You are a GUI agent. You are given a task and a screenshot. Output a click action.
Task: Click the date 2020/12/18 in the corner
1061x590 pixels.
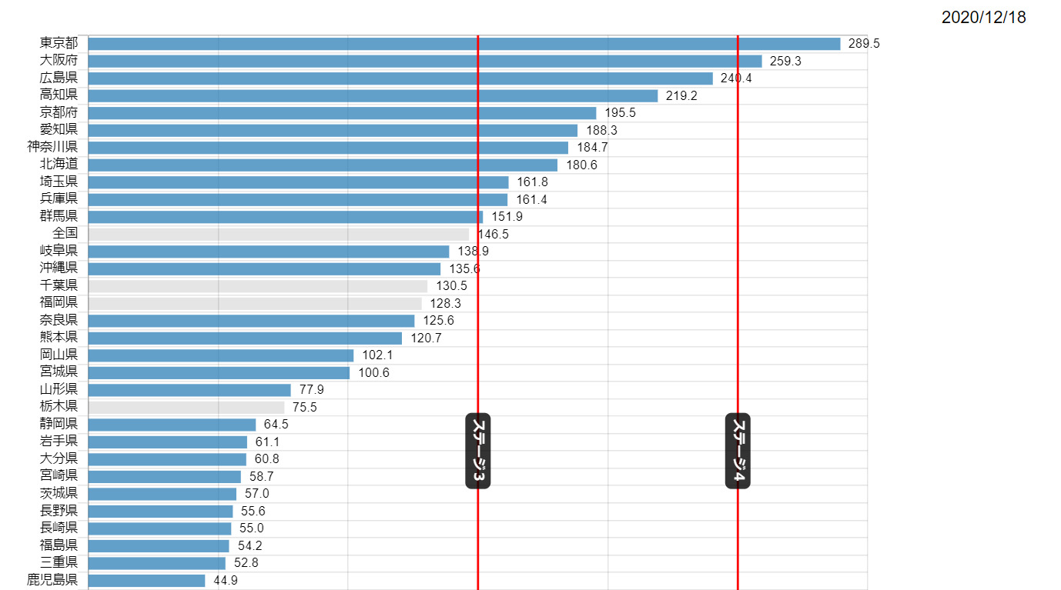coord(983,18)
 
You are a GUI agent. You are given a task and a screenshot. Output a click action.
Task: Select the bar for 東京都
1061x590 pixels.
coord(464,44)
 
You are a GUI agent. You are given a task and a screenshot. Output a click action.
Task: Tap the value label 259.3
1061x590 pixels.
coord(785,62)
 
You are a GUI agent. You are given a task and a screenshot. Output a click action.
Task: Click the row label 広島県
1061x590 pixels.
coord(59,78)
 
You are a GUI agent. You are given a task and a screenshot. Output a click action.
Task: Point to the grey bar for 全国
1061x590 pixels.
coord(278,234)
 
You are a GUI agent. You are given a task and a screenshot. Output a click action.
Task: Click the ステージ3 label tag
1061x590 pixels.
coord(478,450)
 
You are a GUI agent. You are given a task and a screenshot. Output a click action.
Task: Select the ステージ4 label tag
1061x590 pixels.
coord(738,450)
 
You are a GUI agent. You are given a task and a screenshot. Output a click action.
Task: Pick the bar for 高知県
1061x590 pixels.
coord(373,96)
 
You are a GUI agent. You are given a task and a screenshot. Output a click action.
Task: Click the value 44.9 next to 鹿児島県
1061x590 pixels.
coord(226,581)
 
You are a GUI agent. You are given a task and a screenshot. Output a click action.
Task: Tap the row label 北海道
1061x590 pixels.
coord(59,165)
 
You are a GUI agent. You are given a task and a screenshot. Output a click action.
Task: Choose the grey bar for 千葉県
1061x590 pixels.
coord(257,286)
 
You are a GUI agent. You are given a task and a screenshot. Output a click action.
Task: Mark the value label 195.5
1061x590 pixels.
coord(620,113)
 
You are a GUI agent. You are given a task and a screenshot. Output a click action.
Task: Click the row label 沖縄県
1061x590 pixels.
coord(59,268)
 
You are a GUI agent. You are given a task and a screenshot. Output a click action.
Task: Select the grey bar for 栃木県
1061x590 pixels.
coord(186,407)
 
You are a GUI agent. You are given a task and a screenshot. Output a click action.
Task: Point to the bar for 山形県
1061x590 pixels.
coord(189,390)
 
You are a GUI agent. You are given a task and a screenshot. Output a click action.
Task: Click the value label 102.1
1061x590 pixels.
coord(377,355)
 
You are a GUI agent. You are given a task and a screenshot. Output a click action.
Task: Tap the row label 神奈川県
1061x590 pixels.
coord(52,147)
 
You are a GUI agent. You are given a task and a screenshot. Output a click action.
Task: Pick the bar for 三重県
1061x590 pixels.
coord(156,563)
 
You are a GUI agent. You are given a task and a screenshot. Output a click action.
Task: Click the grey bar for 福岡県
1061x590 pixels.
coord(255,303)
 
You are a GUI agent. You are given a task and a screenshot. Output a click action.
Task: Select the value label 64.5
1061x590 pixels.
coord(276,425)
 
